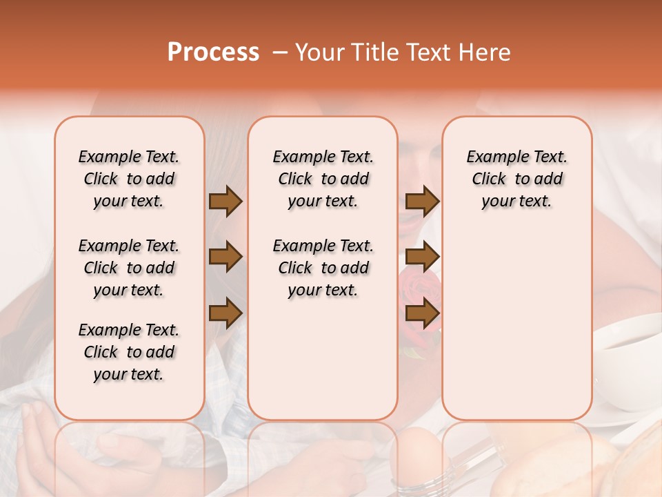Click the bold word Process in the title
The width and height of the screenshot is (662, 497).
[213, 52]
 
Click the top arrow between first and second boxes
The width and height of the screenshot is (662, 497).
[225, 202]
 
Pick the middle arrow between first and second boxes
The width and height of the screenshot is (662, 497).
[225, 257]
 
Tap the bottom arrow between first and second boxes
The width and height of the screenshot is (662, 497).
[225, 313]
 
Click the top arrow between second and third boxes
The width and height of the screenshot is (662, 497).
[422, 202]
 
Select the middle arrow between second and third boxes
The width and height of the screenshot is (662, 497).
[422, 257]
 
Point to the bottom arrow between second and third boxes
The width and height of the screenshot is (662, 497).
[422, 313]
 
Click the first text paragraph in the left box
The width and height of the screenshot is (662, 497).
[129, 179]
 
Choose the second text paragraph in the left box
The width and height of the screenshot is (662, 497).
[129, 268]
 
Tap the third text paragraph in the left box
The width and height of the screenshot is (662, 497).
[129, 352]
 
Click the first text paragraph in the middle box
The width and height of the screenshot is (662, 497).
[323, 179]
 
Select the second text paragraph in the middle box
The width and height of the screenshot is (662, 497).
[323, 268]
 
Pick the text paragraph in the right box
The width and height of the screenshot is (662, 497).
[516, 179]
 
